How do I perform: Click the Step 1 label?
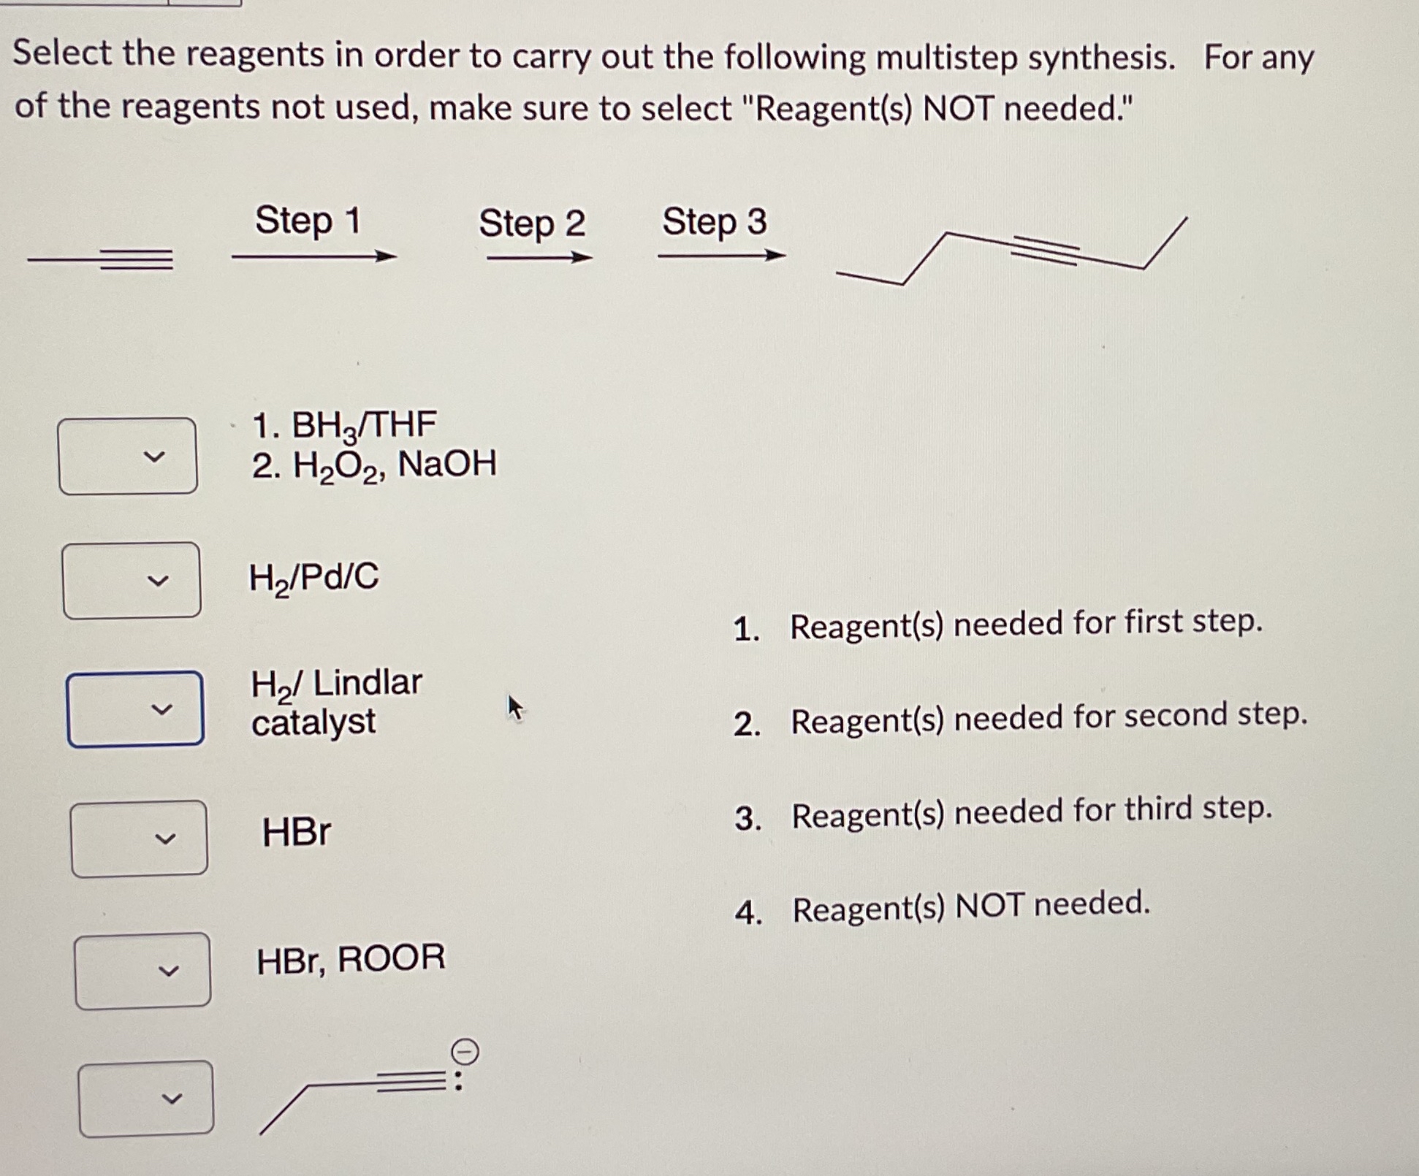[x=308, y=221]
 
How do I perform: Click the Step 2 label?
[x=532, y=223]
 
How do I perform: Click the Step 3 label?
[x=714, y=221]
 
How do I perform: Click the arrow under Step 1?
[x=314, y=256]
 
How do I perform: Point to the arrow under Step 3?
[x=721, y=256]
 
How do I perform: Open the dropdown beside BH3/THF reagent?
[x=128, y=457]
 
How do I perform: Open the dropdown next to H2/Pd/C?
[x=132, y=581]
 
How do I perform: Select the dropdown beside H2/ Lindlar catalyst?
[x=135, y=709]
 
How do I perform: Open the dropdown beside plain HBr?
[x=139, y=838]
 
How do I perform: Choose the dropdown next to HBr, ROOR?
[x=142, y=971]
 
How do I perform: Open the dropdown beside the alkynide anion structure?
[x=146, y=1099]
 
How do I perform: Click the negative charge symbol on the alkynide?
[x=465, y=1053]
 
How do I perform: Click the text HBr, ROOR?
[x=350, y=959]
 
